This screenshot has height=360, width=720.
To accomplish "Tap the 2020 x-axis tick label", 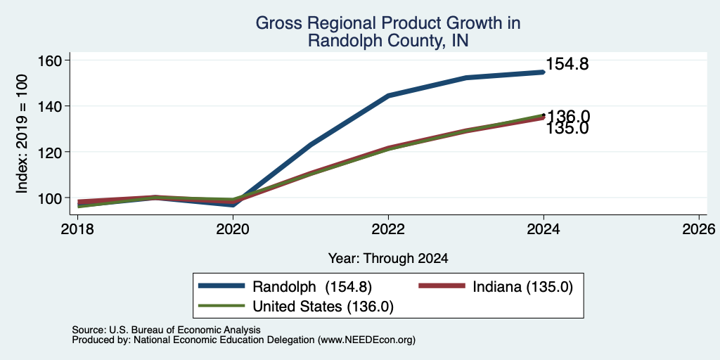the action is click(x=233, y=229).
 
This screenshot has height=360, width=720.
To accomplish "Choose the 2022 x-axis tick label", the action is click(x=388, y=229).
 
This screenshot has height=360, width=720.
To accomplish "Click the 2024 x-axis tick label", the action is click(x=544, y=229).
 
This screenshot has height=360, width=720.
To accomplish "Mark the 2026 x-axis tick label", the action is click(x=699, y=229).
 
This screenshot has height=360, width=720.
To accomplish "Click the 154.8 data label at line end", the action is click(x=567, y=65).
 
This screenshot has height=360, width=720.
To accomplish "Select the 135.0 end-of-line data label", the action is click(x=567, y=129).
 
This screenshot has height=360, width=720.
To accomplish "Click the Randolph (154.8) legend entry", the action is click(x=285, y=287).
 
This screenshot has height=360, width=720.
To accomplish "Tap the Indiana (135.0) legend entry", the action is click(x=496, y=287).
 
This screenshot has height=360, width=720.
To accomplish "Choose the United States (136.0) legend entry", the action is click(x=296, y=307).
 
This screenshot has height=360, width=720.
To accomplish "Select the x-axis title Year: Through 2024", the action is click(x=388, y=259).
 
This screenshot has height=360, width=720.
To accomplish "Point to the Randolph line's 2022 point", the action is click(x=388, y=96).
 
